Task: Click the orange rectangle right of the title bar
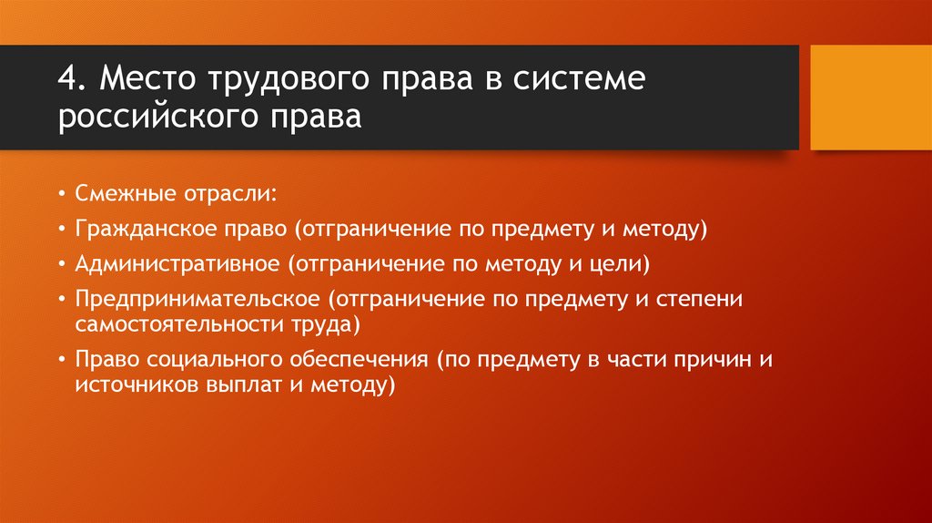point(870,97)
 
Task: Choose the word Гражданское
point(146,230)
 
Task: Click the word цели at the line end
point(623,264)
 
